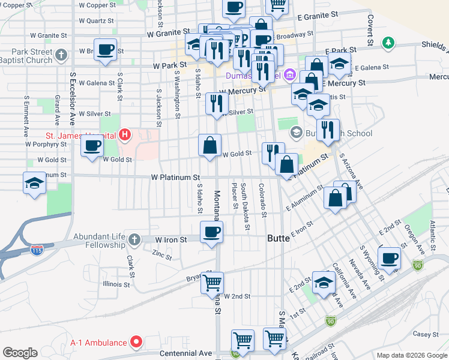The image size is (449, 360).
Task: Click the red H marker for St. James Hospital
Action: click(x=125, y=134)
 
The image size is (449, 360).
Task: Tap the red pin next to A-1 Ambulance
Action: click(x=136, y=343)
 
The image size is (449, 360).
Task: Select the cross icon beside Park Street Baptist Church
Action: click(x=61, y=56)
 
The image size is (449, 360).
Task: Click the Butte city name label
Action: click(x=279, y=238)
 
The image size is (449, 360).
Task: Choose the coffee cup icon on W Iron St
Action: click(x=211, y=232)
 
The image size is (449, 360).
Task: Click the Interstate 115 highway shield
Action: click(x=37, y=248)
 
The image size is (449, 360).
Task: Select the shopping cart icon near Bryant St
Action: click(x=212, y=282)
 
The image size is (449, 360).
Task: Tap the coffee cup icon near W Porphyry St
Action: click(x=92, y=145)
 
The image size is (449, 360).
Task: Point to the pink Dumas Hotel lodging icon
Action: click(x=290, y=75)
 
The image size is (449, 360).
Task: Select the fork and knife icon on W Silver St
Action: click(x=216, y=103)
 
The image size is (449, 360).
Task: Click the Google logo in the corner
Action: click(x=20, y=353)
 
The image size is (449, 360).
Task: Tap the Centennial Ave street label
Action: click(x=186, y=353)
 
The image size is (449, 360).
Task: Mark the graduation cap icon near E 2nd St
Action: click(x=324, y=282)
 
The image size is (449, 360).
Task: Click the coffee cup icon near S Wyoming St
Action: click(x=390, y=258)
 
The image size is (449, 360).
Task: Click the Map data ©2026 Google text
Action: click(x=411, y=355)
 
